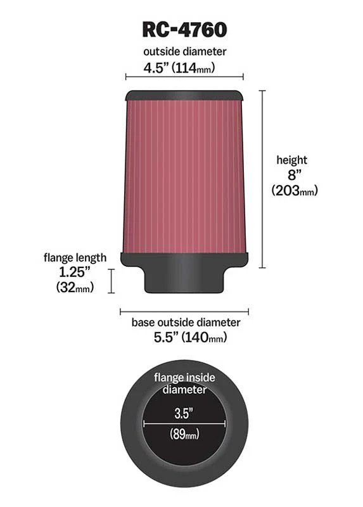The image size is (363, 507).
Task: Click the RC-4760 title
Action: [x=184, y=29]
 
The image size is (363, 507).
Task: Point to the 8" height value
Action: [x=291, y=175]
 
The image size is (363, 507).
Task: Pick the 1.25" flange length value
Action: [x=75, y=273]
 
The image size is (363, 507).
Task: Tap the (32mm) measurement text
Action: [x=75, y=288]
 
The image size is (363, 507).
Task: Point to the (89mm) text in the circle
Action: [x=184, y=434]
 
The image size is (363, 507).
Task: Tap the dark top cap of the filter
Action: [x=184, y=96]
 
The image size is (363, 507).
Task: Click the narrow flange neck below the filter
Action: [x=184, y=279]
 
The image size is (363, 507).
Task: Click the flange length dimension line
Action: [x=112, y=280]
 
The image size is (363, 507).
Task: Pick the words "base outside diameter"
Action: [x=186, y=323]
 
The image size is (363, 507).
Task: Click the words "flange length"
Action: [x=75, y=258]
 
